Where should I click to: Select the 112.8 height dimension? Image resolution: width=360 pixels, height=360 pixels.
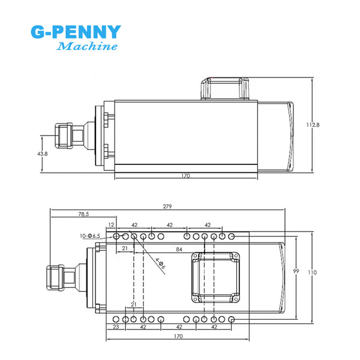point(313,125)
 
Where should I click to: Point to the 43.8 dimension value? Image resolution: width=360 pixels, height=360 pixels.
point(42,154)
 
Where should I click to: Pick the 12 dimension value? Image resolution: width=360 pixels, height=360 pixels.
point(111,225)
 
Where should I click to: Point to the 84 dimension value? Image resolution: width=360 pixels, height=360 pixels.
point(179,248)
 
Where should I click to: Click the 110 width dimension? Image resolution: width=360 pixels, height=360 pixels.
point(313,272)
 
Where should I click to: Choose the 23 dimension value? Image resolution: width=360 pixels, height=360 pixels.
point(116,328)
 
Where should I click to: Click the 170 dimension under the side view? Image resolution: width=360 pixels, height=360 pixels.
point(185,176)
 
